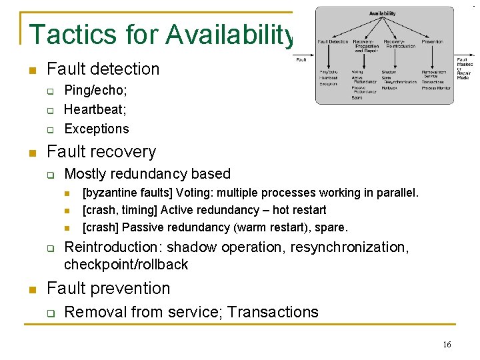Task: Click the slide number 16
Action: click(x=447, y=344)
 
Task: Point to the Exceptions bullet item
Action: click(x=97, y=129)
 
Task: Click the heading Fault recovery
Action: click(x=101, y=151)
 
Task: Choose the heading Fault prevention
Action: click(x=109, y=289)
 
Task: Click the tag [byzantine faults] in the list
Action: click(x=123, y=193)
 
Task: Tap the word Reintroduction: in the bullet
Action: click(x=104, y=247)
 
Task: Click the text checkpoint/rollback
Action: click(x=126, y=265)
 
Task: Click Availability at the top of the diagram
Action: click(x=382, y=13)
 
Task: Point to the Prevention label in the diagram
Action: click(x=432, y=41)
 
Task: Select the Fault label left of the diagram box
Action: click(x=301, y=61)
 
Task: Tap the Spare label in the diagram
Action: click(x=357, y=98)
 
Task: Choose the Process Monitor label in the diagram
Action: click(x=436, y=87)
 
